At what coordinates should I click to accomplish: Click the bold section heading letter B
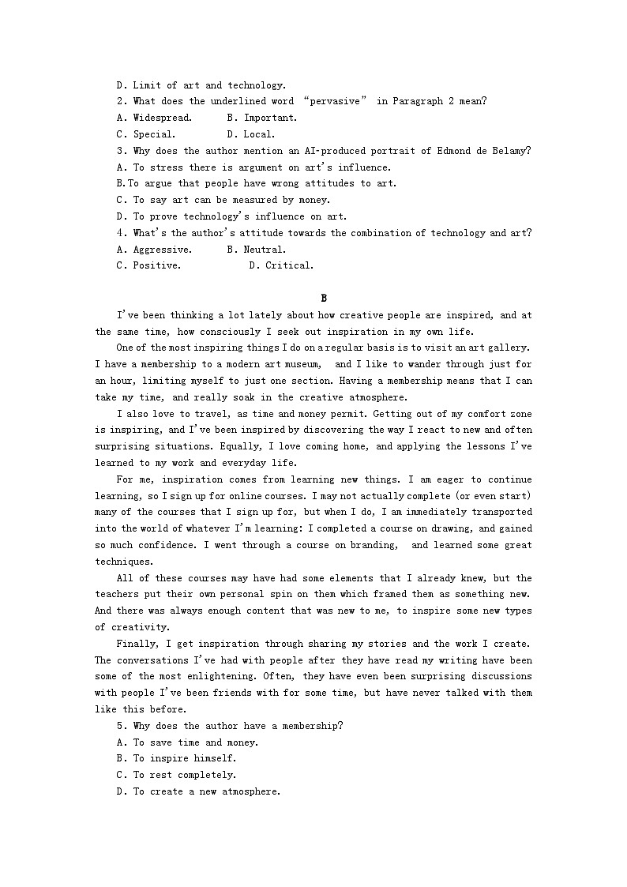324,298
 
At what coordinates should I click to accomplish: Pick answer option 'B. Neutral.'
256,250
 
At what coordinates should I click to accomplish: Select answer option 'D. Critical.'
280,266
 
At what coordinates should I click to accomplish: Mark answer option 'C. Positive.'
148,266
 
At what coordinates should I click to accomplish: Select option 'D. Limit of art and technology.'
201,85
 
